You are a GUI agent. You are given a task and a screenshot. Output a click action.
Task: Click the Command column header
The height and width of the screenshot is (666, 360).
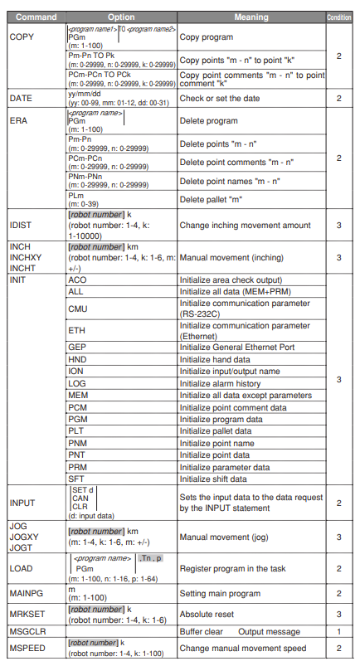(34, 17)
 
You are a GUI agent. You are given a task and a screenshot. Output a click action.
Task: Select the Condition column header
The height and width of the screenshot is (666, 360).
(338, 17)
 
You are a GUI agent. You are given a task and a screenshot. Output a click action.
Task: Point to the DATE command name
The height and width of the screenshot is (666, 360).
(20, 98)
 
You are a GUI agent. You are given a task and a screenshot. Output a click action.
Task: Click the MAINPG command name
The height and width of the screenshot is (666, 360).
(27, 593)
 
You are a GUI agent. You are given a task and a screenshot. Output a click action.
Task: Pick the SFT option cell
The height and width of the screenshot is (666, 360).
(76, 479)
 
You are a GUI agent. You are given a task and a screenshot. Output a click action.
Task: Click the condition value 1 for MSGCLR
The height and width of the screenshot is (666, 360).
(338, 631)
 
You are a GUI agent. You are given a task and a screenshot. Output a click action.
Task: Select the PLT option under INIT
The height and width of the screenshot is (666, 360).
(77, 431)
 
